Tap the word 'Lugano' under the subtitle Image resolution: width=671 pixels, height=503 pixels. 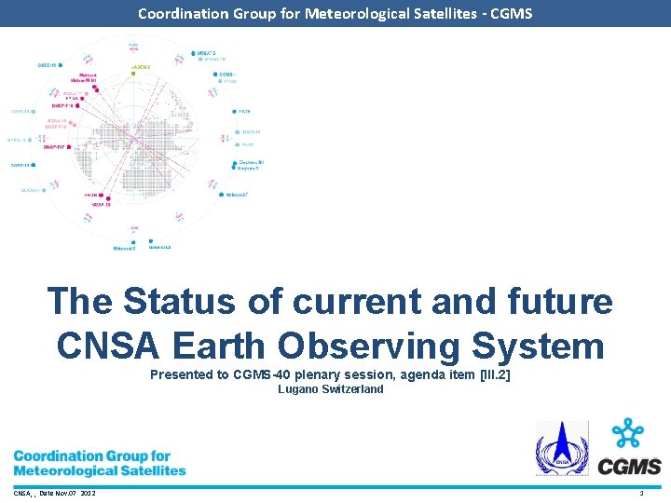(298, 389)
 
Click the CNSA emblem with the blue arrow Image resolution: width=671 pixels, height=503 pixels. (561, 448)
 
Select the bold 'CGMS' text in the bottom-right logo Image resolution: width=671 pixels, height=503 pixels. (629, 467)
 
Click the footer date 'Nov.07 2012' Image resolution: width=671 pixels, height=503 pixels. (75, 493)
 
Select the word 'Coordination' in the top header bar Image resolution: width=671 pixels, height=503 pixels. (182, 13)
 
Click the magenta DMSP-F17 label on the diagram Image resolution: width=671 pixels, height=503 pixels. (58, 145)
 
